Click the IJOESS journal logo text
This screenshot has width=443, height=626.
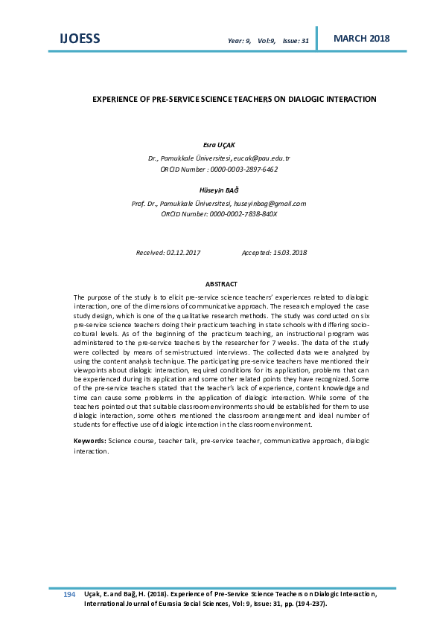(79, 39)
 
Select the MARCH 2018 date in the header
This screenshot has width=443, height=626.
(361, 38)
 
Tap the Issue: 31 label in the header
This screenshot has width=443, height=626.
(296, 41)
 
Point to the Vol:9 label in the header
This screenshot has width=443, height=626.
(267, 41)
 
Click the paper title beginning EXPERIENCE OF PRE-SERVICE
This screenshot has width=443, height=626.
(235, 99)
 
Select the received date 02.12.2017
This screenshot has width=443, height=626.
(183, 253)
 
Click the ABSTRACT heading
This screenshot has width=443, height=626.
(221, 285)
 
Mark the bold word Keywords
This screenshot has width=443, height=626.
(89, 441)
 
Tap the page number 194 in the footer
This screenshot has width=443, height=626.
(69, 595)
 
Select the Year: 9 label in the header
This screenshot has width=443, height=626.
(239, 41)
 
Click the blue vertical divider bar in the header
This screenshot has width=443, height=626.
(317, 38)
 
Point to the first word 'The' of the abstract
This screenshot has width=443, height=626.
(80, 297)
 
